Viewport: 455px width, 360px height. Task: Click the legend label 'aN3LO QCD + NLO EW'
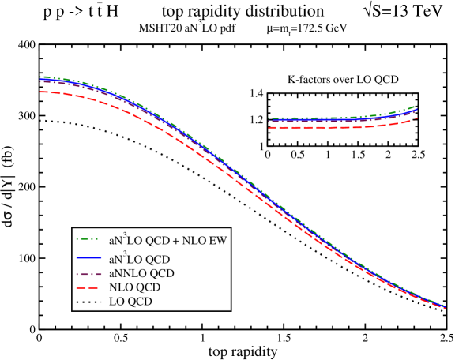pyautogui.click(x=167, y=239)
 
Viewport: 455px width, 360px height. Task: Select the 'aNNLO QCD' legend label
pyautogui.click(x=142, y=273)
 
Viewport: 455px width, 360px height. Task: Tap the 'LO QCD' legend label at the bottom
pyautogui.click(x=131, y=302)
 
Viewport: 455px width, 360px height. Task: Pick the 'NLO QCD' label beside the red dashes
pyautogui.click(x=136, y=287)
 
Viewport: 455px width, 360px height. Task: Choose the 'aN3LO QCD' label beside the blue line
pyautogui.click(x=141, y=258)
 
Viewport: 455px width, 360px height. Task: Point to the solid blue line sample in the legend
pyautogui.click(x=89, y=259)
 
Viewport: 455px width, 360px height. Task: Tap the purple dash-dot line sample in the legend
pyautogui.click(x=89, y=273)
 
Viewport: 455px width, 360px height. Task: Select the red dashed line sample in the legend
pyautogui.click(x=89, y=287)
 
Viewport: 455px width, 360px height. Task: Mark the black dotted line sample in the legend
pyautogui.click(x=89, y=302)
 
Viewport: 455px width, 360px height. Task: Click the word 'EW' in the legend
pyautogui.click(x=218, y=239)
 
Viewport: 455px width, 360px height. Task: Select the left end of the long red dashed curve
pyautogui.click(x=40, y=92)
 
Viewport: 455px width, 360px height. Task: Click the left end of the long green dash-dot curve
pyautogui.click(x=40, y=77)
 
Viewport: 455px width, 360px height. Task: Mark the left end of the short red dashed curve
pyautogui.click(x=269, y=128)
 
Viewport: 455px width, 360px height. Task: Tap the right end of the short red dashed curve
pyautogui.click(x=417, y=118)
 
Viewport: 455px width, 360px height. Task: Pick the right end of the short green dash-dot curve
pyautogui.click(x=417, y=105)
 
